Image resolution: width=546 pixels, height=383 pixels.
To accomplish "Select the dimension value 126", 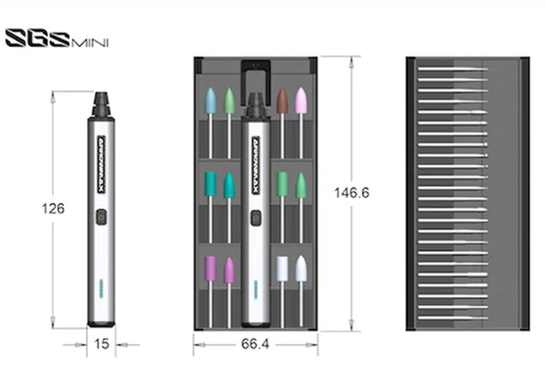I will coord(53,206).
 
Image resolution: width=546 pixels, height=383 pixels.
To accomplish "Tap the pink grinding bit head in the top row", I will coord(300,101).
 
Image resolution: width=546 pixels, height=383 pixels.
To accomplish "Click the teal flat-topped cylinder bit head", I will coord(211,182).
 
